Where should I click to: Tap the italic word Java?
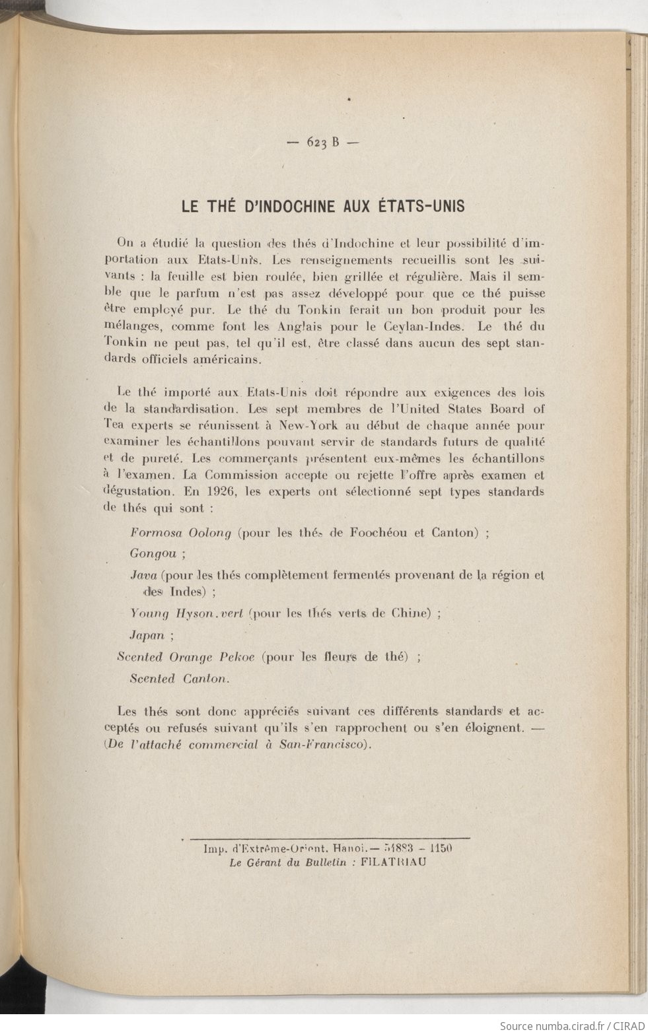pos(143,574)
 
